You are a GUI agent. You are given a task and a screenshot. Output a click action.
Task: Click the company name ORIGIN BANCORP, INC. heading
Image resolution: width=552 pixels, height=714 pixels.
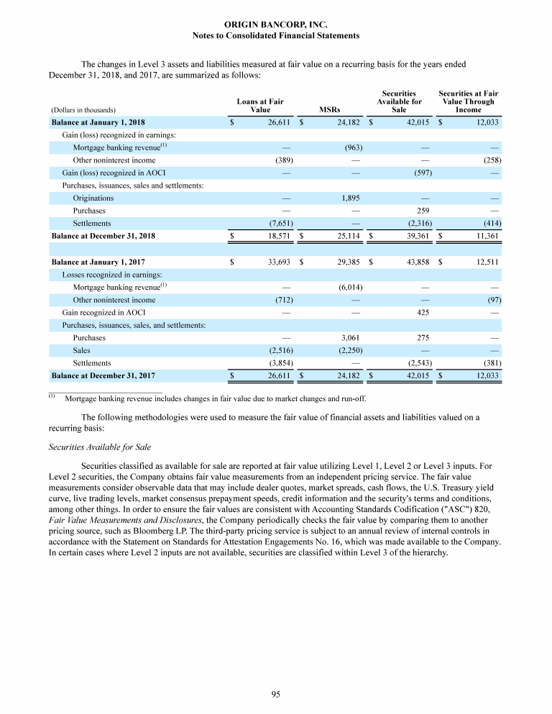click(x=276, y=24)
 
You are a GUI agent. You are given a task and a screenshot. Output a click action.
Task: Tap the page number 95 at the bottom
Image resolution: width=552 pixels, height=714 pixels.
click(x=276, y=693)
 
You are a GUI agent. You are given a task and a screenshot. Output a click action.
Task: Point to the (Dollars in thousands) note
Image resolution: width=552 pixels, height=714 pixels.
click(x=83, y=111)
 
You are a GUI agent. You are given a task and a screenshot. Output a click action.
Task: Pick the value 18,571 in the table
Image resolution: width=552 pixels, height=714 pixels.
click(x=275, y=236)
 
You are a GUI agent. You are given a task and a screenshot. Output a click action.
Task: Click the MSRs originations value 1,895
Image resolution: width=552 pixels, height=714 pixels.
click(x=349, y=198)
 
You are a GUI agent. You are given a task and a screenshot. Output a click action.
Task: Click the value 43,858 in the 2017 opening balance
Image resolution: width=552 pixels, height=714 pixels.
click(x=415, y=262)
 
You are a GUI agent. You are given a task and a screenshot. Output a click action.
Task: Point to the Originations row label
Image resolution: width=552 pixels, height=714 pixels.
click(x=93, y=198)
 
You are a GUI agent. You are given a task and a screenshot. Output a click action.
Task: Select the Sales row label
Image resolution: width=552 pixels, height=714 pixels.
click(x=82, y=350)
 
